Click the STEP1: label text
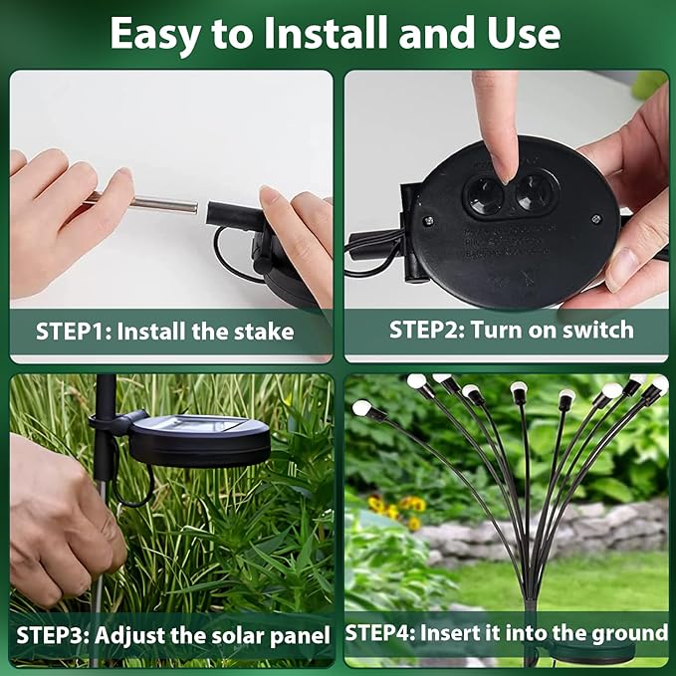[73, 332]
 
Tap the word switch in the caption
[597, 330]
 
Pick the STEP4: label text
[383, 633]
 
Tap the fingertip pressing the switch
[501, 159]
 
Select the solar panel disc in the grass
[199, 438]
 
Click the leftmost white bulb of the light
[361, 407]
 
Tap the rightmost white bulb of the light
[659, 383]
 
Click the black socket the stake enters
[229, 213]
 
